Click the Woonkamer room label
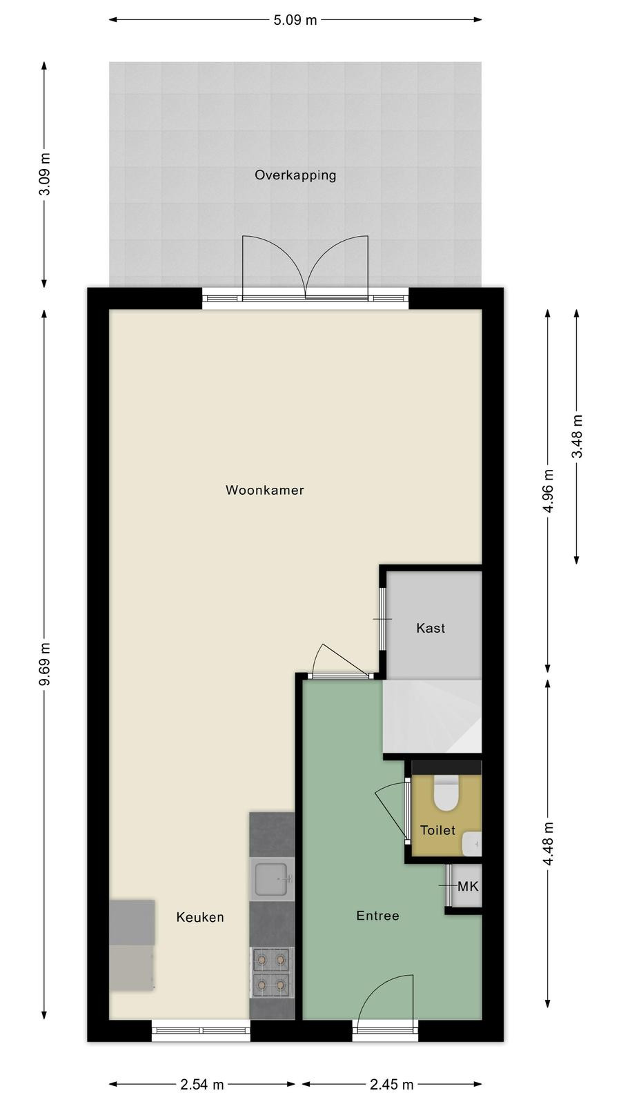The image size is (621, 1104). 265,490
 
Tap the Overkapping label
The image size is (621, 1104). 295,175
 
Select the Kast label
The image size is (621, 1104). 431,628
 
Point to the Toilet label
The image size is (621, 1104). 437,830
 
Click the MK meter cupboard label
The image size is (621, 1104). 468,887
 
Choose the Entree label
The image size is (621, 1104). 377,916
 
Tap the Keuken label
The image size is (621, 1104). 200,917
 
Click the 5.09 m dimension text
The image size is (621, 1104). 295,20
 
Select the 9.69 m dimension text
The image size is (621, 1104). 45,664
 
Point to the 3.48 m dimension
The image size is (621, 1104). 577,437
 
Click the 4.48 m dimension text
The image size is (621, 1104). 548,842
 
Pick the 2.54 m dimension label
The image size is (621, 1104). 202,1084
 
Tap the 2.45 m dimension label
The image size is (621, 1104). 392,1084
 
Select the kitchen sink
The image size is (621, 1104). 272,879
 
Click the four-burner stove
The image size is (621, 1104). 272,972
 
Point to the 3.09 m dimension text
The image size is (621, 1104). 45,174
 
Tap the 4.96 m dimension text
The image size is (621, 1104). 548,491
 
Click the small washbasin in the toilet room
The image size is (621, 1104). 472,844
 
